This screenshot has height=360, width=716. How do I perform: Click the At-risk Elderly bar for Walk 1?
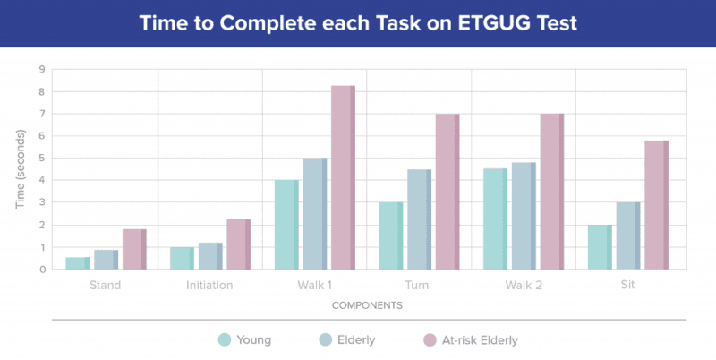[343, 177]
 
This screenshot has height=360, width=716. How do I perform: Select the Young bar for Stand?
[78, 263]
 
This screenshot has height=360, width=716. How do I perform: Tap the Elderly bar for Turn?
[419, 219]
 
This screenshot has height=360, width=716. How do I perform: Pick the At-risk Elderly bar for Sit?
[655, 205]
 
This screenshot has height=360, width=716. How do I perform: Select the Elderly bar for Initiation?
[210, 256]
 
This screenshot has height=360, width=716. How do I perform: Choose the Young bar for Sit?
[599, 247]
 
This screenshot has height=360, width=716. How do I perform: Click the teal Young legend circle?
[225, 339]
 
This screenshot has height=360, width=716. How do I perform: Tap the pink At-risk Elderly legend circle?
[428, 339]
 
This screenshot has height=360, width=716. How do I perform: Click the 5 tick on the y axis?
[42, 159]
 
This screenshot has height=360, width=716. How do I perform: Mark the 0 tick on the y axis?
[42, 270]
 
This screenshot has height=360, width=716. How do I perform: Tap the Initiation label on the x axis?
[210, 285]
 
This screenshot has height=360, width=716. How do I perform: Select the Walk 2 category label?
[523, 285]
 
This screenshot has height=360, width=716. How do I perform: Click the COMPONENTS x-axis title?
[367, 305]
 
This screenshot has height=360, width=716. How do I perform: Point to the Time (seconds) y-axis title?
[20, 169]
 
